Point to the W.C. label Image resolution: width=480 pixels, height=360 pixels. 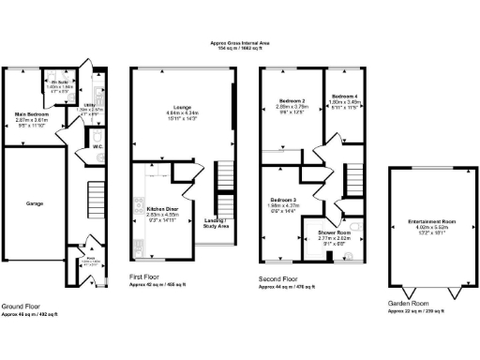tap(97, 146)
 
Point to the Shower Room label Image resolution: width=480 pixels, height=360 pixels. tap(332, 231)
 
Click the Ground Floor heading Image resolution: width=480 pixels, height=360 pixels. tap(21, 307)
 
